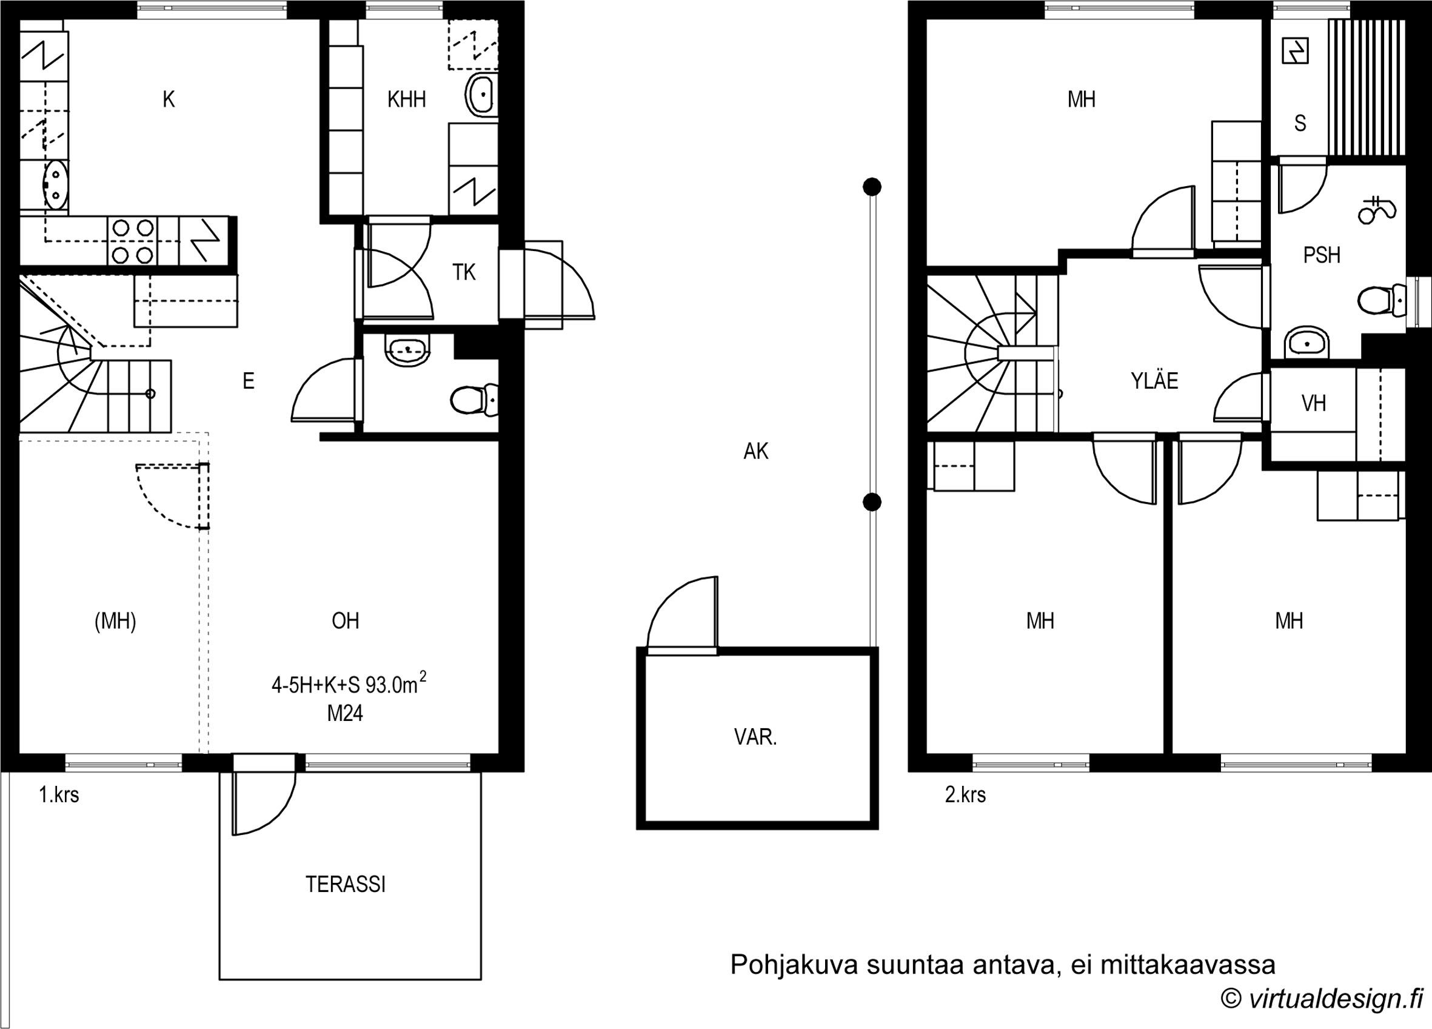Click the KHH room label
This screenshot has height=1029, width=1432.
coord(406,99)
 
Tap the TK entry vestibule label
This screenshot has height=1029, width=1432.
coord(463,272)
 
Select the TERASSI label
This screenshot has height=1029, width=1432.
coord(346,884)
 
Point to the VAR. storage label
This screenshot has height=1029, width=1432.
coord(755,737)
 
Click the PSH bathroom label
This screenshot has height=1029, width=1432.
coord(1322,255)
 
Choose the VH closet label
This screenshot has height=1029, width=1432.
coord(1313,403)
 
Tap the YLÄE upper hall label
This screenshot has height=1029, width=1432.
coord(1154,380)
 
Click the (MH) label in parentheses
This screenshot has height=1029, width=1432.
coord(115,622)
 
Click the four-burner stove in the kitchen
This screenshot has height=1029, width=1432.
coord(133,241)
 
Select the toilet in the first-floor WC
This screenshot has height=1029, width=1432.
coord(474,399)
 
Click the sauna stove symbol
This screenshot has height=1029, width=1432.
coord(1295,51)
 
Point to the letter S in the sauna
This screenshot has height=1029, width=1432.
coord(1300,123)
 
